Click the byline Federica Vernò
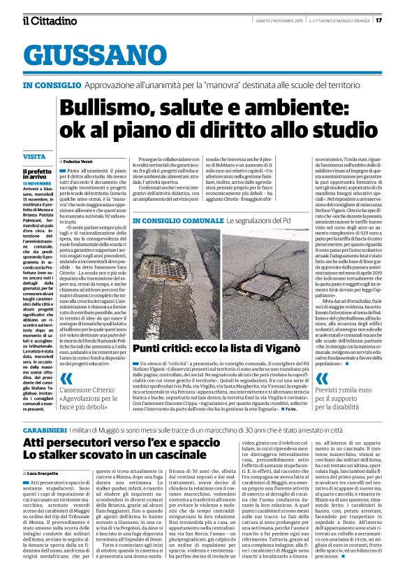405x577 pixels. [82, 161]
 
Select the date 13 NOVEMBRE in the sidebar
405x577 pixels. [38, 183]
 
